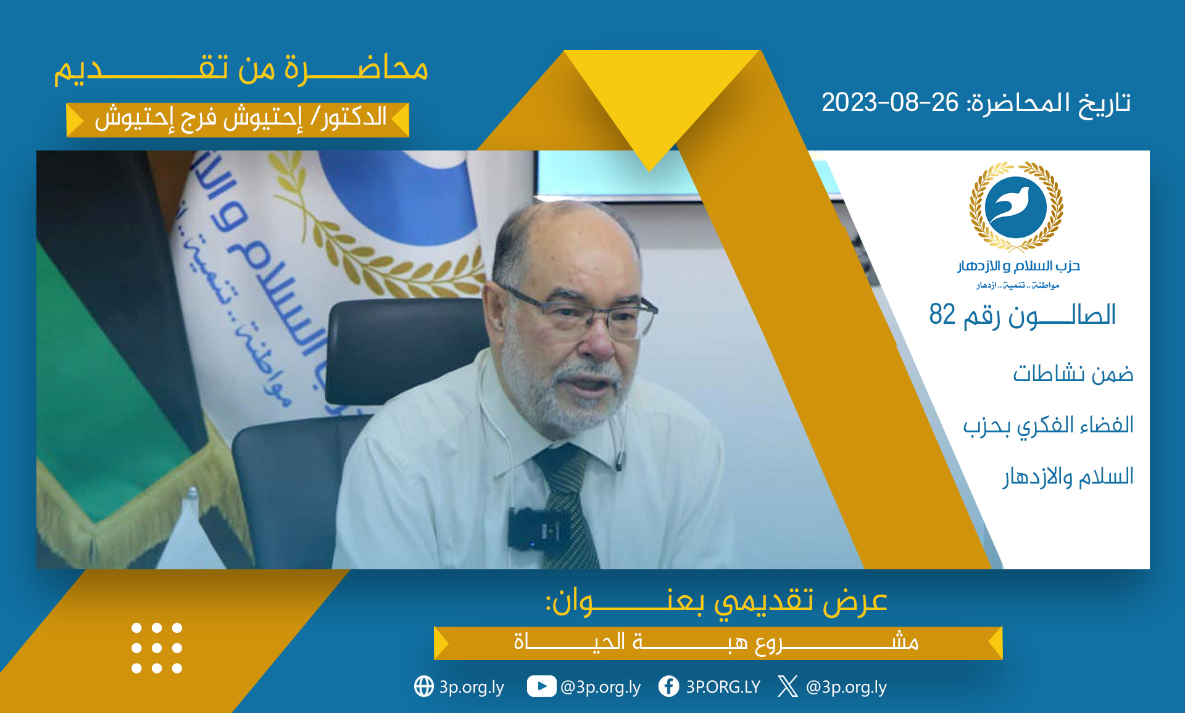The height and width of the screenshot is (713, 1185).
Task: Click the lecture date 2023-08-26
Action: pyautogui.click(x=890, y=102)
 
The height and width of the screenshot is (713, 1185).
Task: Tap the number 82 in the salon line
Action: pyautogui.click(x=942, y=315)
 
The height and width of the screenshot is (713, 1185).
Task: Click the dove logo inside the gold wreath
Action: pyautogui.click(x=1016, y=206)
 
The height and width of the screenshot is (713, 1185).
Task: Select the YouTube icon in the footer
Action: pyautogui.click(x=541, y=686)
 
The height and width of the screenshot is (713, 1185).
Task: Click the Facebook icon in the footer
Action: pyautogui.click(x=668, y=686)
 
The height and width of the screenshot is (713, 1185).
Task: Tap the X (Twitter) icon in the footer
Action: pyautogui.click(x=788, y=686)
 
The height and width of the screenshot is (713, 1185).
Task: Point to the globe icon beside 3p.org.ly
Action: pyautogui.click(x=424, y=686)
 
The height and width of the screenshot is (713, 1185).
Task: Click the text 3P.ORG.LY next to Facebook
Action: pyautogui.click(x=723, y=687)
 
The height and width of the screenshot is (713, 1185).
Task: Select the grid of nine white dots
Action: pyautogui.click(x=157, y=648)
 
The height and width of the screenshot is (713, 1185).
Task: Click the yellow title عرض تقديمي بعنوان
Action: pyautogui.click(x=716, y=600)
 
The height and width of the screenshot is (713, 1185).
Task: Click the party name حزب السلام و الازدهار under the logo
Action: pyautogui.click(x=1018, y=266)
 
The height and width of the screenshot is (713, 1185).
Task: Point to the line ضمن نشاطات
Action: pyautogui.click(x=1073, y=374)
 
